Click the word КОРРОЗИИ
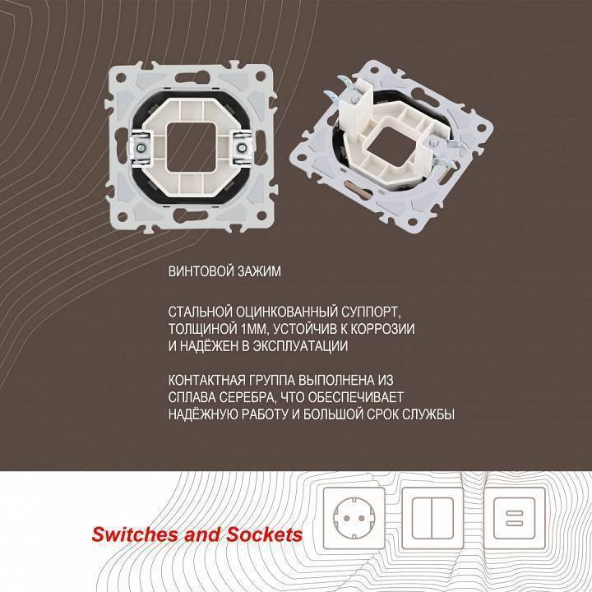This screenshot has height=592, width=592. click(373, 329)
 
